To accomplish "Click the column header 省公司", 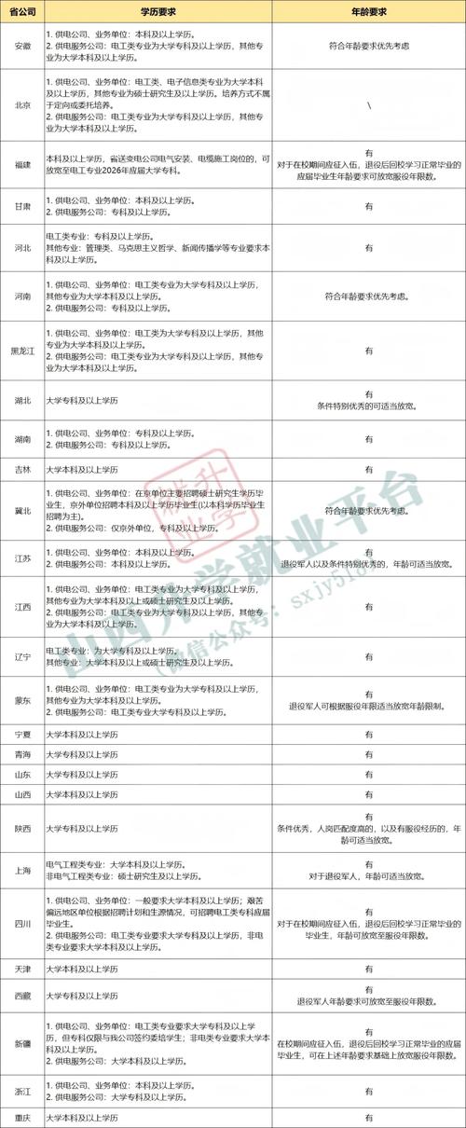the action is [22, 11].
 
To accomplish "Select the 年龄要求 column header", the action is [369, 11].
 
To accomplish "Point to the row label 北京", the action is [22, 105].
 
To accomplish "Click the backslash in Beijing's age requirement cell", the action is [369, 105].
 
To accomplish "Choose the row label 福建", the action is [22, 166].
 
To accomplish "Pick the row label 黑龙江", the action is [22, 351].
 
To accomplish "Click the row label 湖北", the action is [22, 401].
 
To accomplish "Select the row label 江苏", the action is [22, 557].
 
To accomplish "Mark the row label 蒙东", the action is [22, 699].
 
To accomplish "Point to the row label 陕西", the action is [22, 828].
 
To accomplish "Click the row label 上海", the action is [22, 870].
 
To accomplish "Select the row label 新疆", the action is [22, 1042].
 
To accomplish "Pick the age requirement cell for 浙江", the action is [369, 1089].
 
